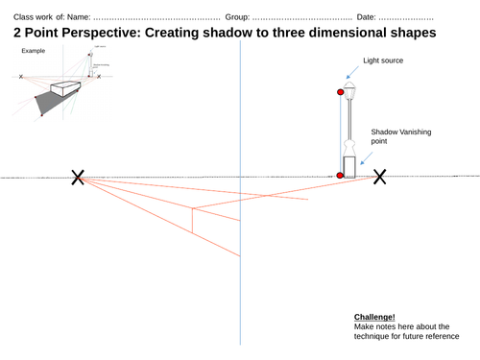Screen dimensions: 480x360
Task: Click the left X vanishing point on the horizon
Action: pos(78,177)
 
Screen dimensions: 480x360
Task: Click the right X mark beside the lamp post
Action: pos(380,177)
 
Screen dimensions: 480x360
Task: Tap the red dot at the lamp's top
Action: pos(340,92)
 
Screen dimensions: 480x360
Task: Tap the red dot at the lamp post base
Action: pos(340,176)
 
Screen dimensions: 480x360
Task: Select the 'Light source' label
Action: pos(382,60)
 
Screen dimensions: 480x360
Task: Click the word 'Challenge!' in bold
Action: pos(374,317)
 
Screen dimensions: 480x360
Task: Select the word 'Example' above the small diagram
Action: pos(34,49)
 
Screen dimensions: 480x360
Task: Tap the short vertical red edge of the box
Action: pos(193,221)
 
